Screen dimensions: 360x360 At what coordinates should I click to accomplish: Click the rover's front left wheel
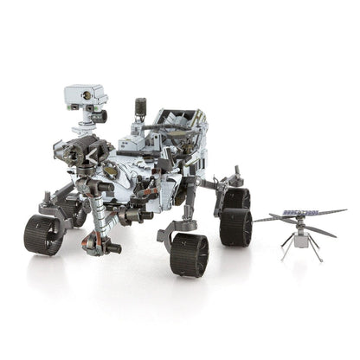(x=43, y=233)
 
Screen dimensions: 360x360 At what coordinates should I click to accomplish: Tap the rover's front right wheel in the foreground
(x=189, y=252)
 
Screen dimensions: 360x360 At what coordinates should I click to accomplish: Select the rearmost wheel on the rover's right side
(x=235, y=227)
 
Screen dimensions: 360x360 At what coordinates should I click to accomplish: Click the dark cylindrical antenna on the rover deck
(x=139, y=108)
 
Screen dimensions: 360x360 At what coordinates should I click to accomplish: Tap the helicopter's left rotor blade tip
(x=258, y=221)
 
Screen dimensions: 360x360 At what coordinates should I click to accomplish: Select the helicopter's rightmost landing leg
(x=318, y=254)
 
